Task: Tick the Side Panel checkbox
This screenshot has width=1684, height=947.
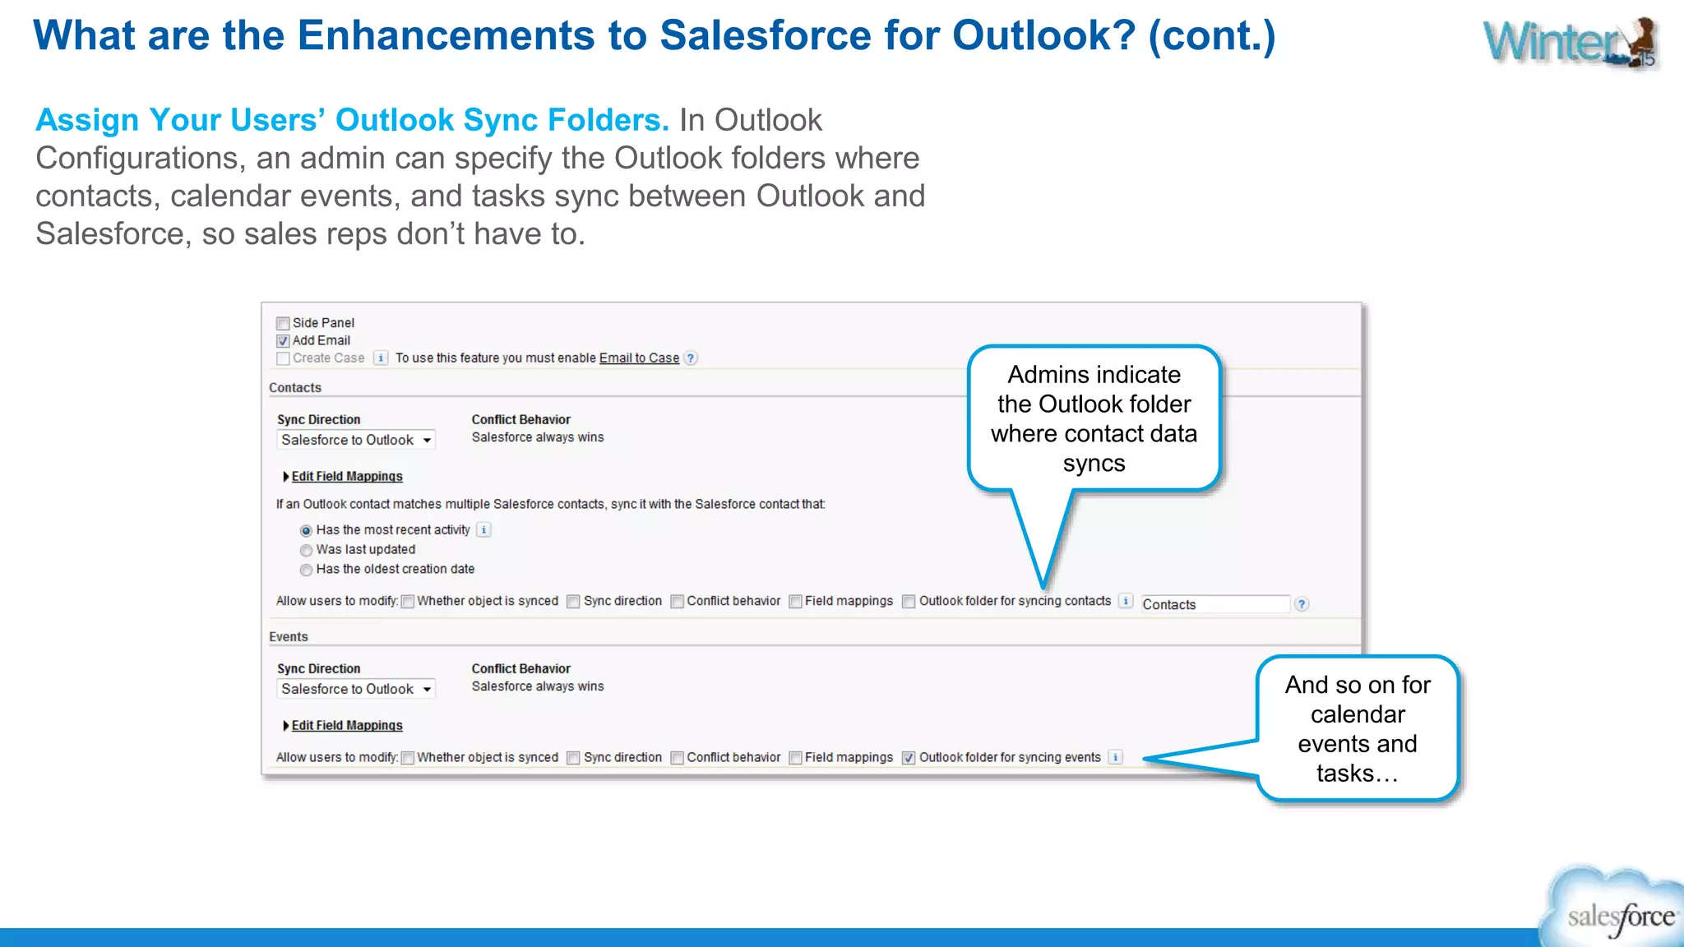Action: point(283,323)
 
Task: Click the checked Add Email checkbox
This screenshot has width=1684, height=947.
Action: point(283,340)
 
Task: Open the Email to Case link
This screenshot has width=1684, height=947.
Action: point(639,358)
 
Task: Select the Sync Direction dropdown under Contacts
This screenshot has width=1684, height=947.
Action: point(355,440)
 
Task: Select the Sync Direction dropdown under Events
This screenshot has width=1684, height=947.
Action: point(355,689)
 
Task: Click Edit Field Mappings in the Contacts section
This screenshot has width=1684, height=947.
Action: point(346,476)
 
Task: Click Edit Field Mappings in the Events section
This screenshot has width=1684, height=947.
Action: point(346,725)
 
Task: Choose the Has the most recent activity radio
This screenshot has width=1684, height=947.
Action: point(306,531)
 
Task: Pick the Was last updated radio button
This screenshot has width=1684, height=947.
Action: point(306,550)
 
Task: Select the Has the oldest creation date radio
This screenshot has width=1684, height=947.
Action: point(306,570)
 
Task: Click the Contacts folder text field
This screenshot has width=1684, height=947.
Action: point(1214,604)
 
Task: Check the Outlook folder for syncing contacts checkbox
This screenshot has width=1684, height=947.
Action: point(909,602)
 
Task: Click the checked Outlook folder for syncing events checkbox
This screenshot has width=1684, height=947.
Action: point(909,758)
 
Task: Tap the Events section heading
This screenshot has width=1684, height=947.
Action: point(288,636)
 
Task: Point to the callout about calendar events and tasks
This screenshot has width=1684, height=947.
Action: point(1358,728)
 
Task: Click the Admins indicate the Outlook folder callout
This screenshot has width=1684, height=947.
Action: point(1094,418)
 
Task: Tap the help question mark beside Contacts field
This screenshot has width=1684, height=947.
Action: point(1302,604)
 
